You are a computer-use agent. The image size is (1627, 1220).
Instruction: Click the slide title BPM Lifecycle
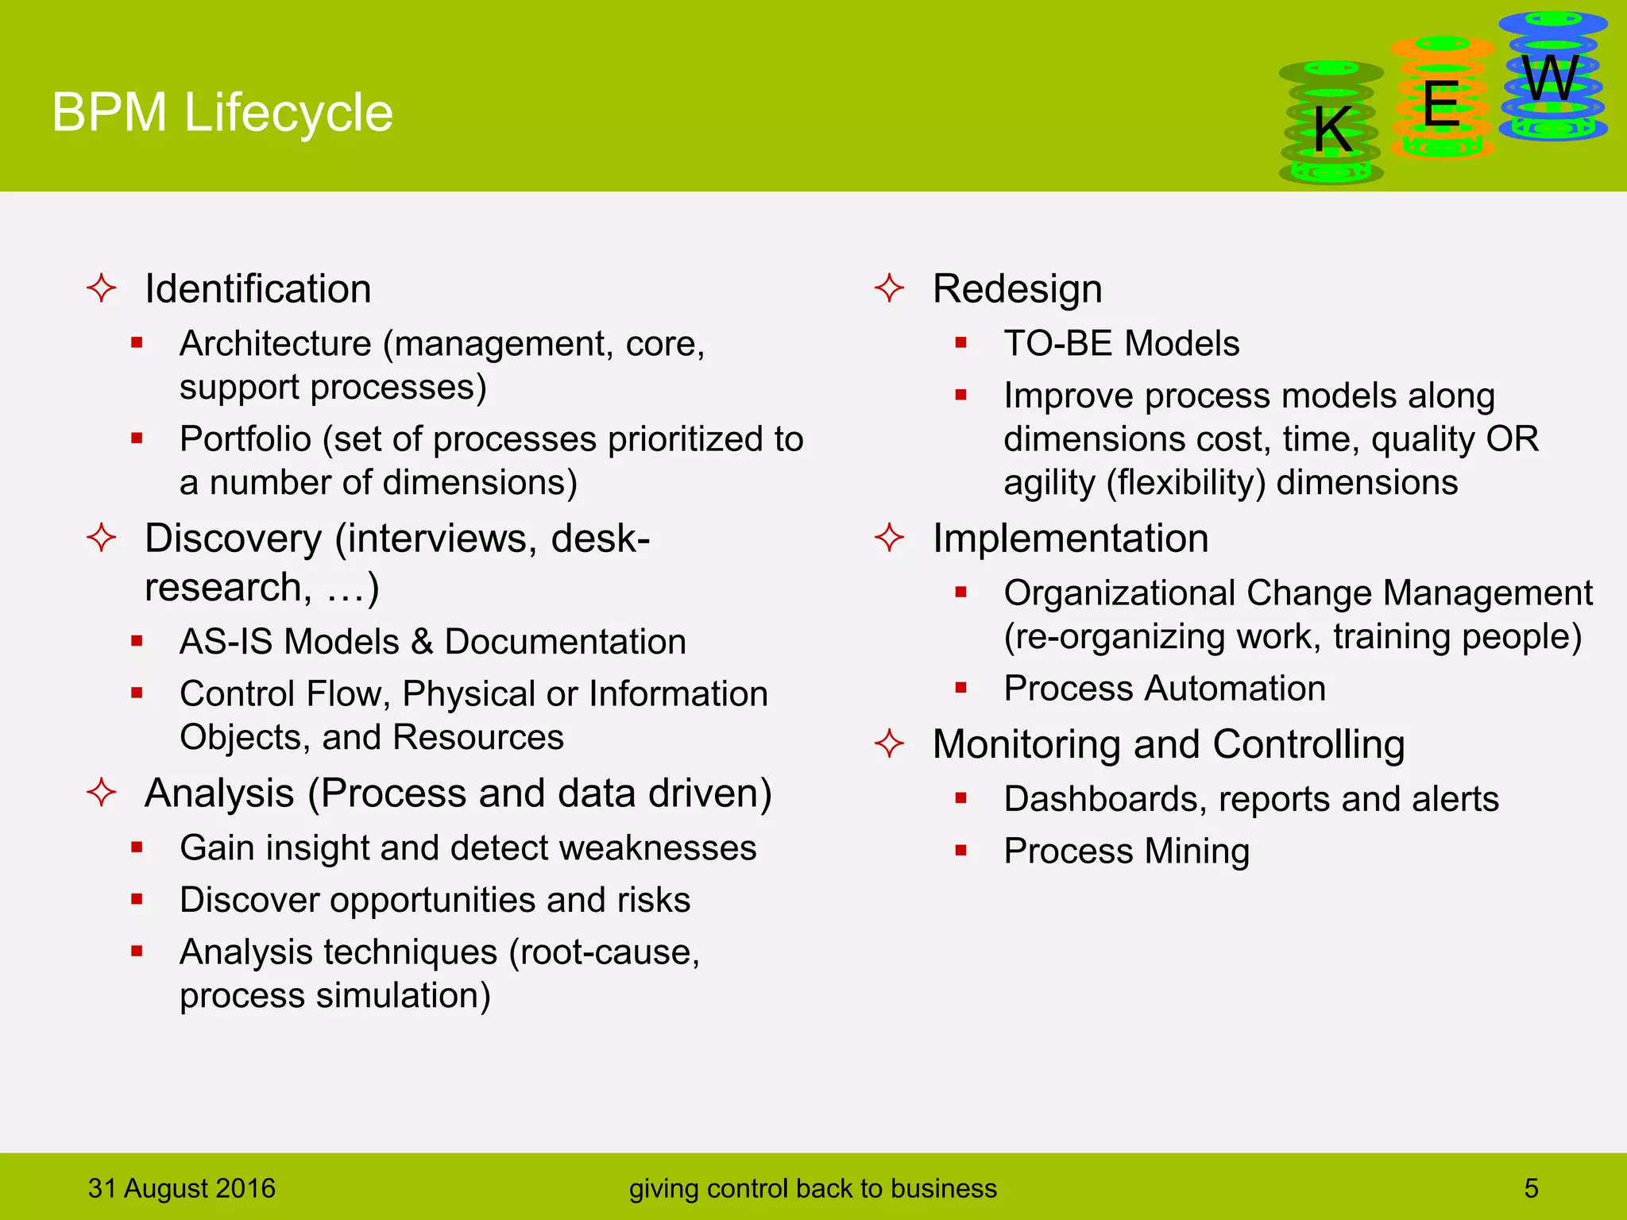pyautogui.click(x=222, y=112)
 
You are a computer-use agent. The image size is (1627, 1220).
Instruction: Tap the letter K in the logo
pyautogui.click(x=1332, y=129)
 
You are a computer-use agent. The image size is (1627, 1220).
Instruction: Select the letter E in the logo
pyautogui.click(x=1441, y=104)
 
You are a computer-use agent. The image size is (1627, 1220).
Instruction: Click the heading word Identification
pyautogui.click(x=257, y=288)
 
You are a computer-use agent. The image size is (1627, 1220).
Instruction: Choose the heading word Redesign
pyautogui.click(x=1017, y=288)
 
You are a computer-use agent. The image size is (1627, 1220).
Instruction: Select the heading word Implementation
pyautogui.click(x=1070, y=538)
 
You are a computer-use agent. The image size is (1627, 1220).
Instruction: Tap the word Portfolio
pyautogui.click(x=245, y=438)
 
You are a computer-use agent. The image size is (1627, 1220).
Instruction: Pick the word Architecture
pyautogui.click(x=275, y=343)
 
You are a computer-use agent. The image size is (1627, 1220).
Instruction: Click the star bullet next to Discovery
pyautogui.click(x=102, y=538)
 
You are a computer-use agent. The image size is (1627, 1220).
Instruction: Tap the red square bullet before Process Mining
pyautogui.click(x=960, y=851)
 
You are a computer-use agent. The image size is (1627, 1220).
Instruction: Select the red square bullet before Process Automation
pyautogui.click(x=960, y=688)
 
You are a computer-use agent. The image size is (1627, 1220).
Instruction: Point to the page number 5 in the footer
pyautogui.click(x=1531, y=1188)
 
